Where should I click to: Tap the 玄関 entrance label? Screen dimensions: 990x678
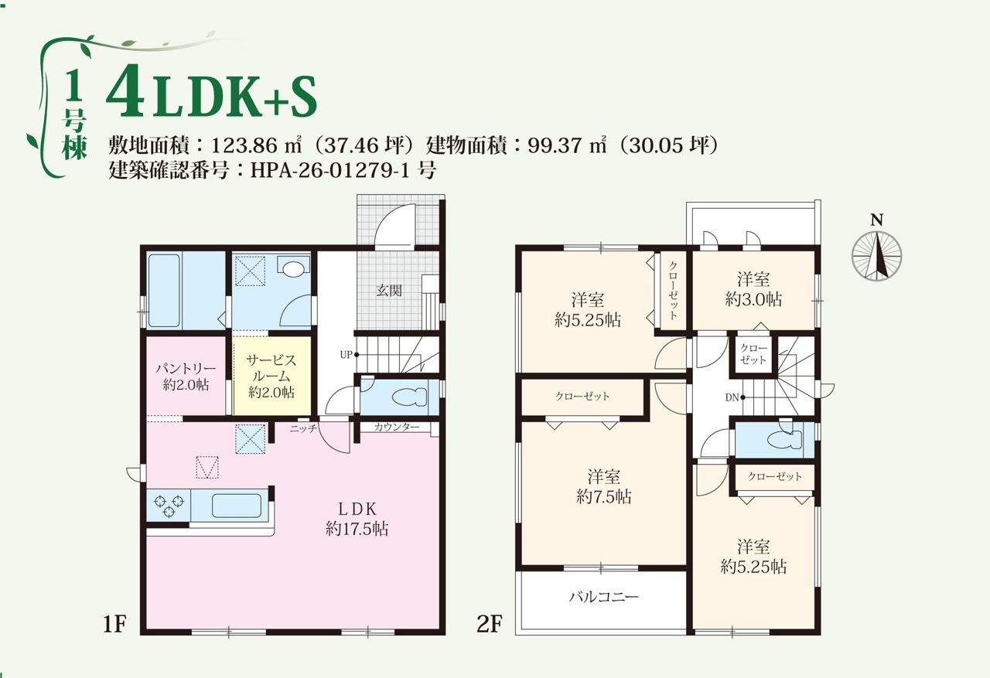pos(389,291)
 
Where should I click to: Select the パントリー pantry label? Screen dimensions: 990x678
pos(186,368)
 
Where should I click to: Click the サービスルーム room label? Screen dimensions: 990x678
pos(271,369)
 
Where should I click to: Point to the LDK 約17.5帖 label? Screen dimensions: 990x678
pos(357,519)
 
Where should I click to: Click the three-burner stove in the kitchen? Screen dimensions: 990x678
pos(169,506)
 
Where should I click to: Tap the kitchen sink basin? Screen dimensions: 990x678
pos(237,506)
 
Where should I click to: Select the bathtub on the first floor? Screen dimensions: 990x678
pos(163,291)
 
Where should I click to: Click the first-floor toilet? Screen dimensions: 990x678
pos(409,397)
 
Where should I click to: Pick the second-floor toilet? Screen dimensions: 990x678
pos(784,439)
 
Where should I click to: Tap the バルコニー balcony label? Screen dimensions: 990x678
pos(604,597)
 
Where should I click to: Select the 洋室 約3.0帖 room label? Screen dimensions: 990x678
pos(753,289)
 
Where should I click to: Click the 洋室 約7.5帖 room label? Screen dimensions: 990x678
pos(604,487)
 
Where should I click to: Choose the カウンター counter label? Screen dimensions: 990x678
pos(397,427)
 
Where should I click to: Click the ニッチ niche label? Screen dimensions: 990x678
pos(303,428)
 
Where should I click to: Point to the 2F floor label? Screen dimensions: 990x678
pos(490,624)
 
